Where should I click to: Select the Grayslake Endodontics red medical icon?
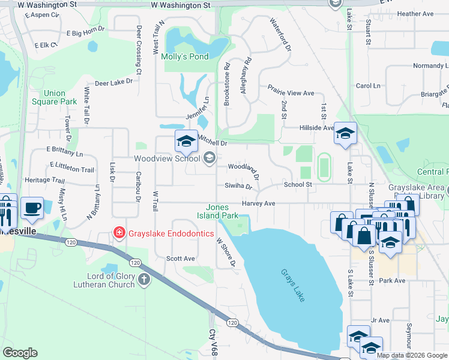click(119, 232)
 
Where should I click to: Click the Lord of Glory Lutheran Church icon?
click(144, 279)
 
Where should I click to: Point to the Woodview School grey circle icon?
click(209, 158)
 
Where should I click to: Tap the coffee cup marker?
click(31, 208)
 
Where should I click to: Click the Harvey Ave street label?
click(258, 204)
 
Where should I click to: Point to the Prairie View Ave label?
click(291, 94)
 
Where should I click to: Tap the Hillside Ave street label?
click(316, 128)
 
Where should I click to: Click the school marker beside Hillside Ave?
click(346, 134)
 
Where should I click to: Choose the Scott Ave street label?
click(181, 259)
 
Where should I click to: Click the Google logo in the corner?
click(20, 353)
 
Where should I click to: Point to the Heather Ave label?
click(415, 14)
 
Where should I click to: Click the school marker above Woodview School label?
click(186, 142)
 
